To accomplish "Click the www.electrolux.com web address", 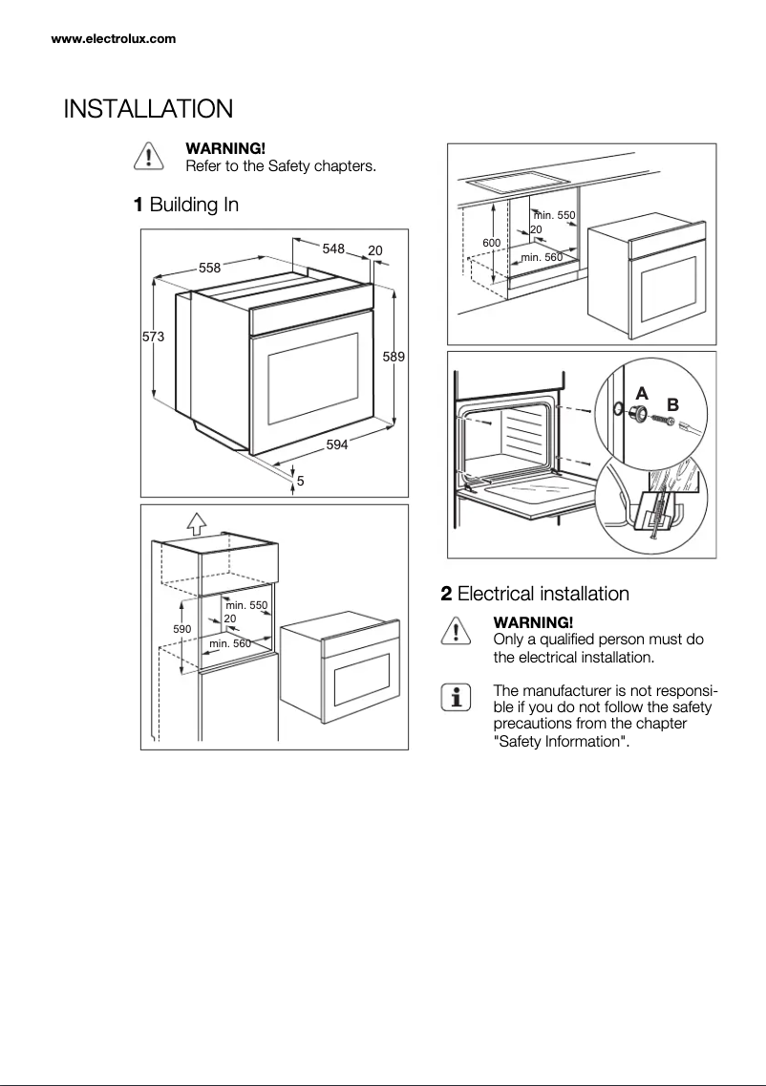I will [x=113, y=39].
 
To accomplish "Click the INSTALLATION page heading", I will [x=148, y=109].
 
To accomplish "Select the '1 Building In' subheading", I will [x=185, y=205].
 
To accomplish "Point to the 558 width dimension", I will [x=210, y=268].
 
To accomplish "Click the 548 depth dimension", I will [x=333, y=249].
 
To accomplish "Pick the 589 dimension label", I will [x=394, y=357].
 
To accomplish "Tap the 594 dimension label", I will [x=337, y=445].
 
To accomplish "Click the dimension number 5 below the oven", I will [x=300, y=481].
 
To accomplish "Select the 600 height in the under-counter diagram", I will [x=491, y=243].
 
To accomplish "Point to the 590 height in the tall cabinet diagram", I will [x=181, y=629].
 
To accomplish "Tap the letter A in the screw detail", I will [x=642, y=393].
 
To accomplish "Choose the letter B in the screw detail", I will [x=672, y=403].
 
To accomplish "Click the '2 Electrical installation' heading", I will [x=535, y=594].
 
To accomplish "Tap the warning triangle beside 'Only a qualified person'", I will [x=456, y=632].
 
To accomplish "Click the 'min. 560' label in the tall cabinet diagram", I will [x=229, y=643].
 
